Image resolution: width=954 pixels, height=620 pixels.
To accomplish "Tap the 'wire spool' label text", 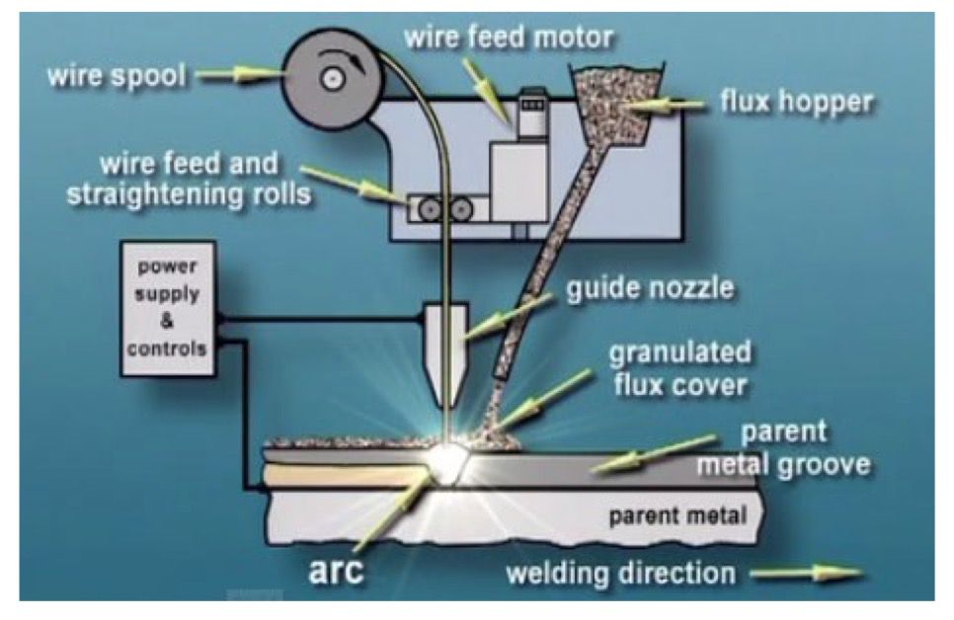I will click(x=118, y=75).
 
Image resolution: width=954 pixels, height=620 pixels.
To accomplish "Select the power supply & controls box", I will click(x=168, y=308).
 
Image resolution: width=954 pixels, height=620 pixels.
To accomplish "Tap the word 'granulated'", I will click(x=679, y=352).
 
